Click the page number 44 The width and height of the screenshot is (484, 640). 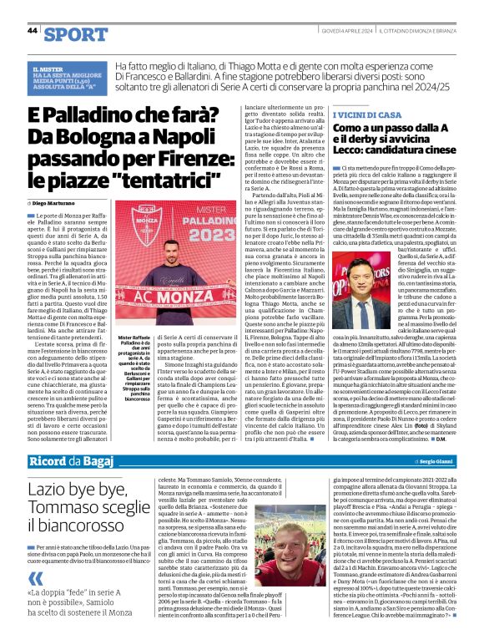(33, 31)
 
